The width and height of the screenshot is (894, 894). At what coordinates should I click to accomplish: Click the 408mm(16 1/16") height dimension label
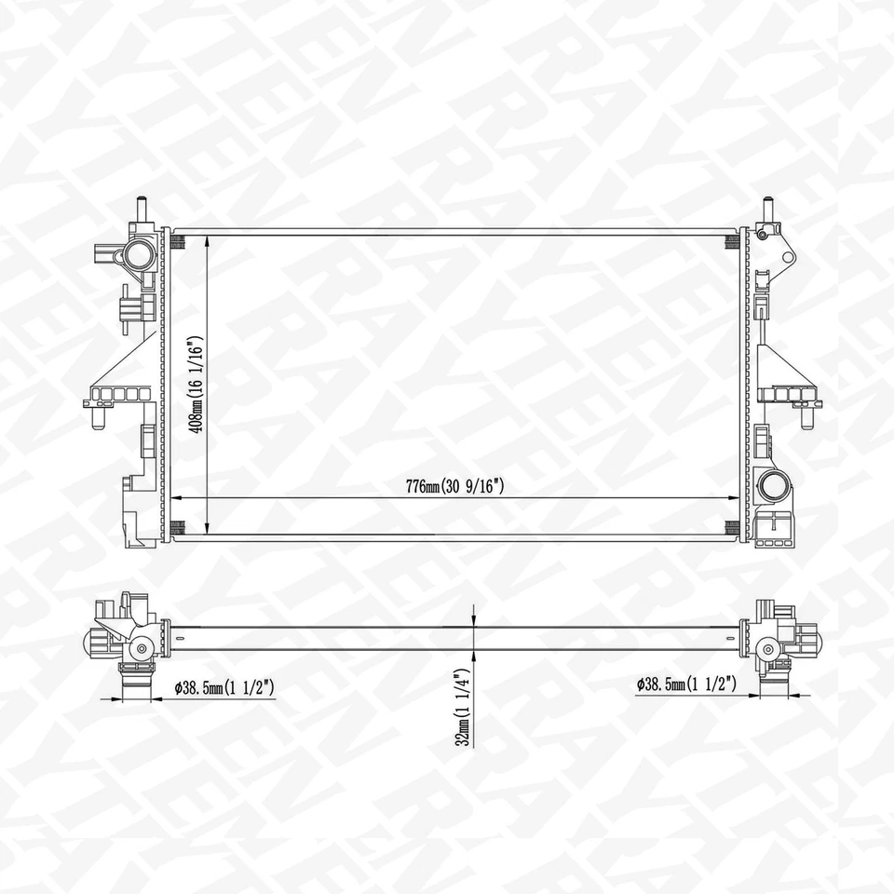coord(196,384)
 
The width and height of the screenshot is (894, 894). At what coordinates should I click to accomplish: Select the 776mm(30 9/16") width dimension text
coord(455,485)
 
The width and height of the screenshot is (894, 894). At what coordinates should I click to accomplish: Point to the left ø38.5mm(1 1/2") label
coord(223,687)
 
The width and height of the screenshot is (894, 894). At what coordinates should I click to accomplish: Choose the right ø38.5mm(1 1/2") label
coord(687,684)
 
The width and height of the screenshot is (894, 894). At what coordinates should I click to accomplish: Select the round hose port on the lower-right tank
coord(772,485)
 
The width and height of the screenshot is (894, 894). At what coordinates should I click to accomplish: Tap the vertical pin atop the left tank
coord(142,208)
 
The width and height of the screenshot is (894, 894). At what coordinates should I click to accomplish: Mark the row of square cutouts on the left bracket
coord(120,395)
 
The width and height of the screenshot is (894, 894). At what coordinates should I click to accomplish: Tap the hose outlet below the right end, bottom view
coord(773,684)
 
